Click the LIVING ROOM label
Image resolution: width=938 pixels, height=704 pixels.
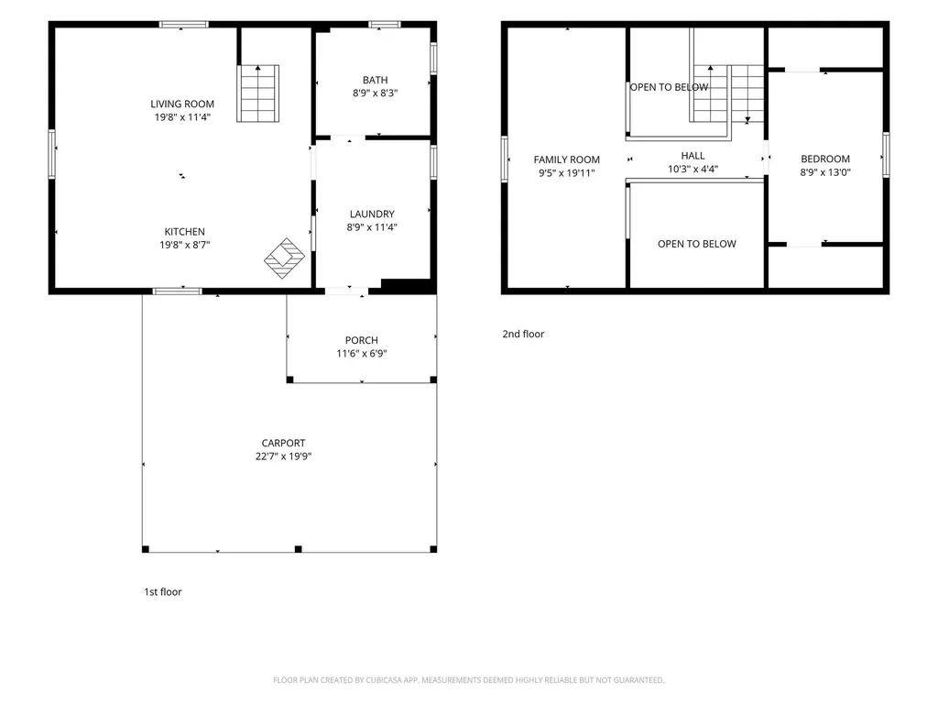coord(182,104)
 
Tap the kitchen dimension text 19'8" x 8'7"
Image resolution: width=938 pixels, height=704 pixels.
coord(184,245)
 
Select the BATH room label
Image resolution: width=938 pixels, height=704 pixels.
coord(375,81)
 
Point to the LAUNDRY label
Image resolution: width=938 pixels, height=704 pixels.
coord(372,214)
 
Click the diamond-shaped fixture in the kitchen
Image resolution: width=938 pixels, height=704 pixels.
coord(285,258)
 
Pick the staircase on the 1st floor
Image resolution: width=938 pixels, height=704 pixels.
coord(257,93)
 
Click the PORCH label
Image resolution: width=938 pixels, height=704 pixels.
coord(361,341)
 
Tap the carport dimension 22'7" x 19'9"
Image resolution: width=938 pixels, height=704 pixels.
coord(284,456)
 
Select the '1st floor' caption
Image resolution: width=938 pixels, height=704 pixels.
coord(163,592)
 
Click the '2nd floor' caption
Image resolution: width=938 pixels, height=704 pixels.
coord(523,334)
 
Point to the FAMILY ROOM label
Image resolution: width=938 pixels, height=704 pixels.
coord(566,159)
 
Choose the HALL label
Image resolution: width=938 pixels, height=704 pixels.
coord(693,156)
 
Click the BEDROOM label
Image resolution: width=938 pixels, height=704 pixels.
coord(825,159)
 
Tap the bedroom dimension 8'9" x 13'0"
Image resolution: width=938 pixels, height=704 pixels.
coord(825,172)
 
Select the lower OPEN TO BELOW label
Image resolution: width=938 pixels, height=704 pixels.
coord(697,244)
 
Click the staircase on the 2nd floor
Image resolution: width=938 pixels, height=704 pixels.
coord(728,93)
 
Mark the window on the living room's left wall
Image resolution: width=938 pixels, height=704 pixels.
coord(52,154)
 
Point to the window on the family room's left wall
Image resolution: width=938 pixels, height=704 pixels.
coord(505,159)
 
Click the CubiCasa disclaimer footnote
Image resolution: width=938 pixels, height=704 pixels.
coord(468,680)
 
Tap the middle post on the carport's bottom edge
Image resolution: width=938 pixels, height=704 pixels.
coord(299,549)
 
